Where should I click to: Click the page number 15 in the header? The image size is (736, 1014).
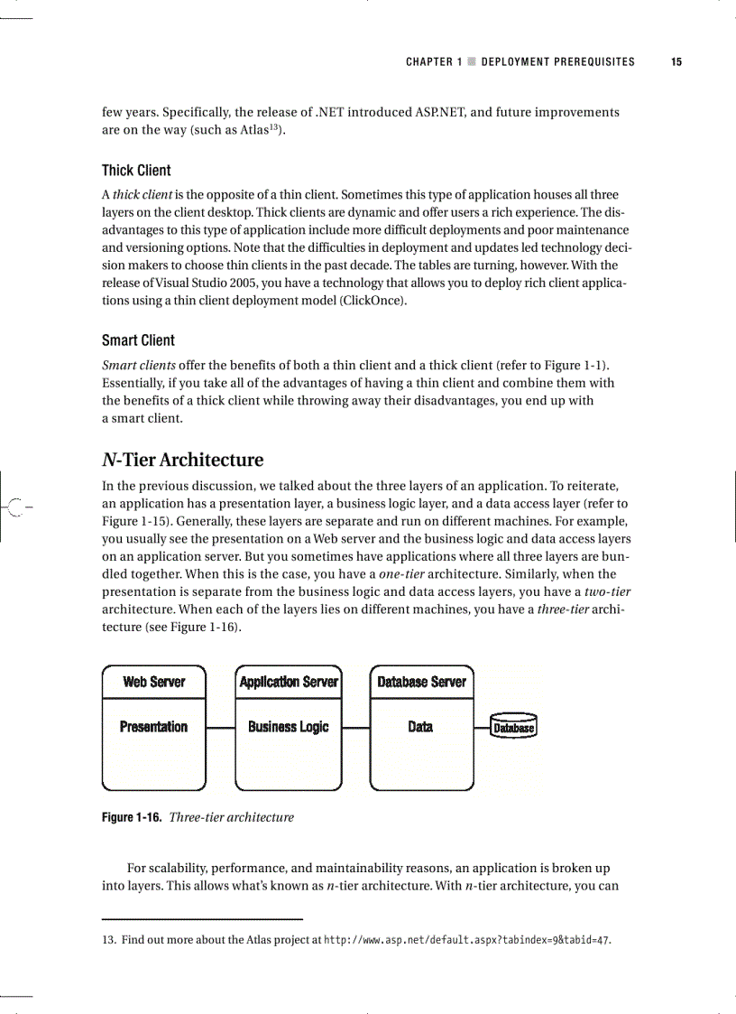[676, 62]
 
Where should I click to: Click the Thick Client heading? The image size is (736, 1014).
[136, 171]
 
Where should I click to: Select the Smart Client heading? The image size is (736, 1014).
[138, 340]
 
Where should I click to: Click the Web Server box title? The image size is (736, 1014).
[154, 682]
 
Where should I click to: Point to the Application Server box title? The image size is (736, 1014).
[289, 682]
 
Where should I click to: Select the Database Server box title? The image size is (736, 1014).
[421, 682]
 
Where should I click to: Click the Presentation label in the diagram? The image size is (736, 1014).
[154, 727]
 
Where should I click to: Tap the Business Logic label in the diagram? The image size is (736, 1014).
[289, 727]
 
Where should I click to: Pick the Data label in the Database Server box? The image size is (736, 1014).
[420, 727]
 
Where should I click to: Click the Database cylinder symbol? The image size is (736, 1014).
[513, 727]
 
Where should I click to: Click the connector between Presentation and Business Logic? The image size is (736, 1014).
[220, 727]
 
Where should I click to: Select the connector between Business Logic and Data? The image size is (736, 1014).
[356, 727]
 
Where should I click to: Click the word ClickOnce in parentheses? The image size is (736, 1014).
[372, 301]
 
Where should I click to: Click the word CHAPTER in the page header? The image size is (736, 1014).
[429, 62]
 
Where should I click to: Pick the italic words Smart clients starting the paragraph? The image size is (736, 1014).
[139, 365]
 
